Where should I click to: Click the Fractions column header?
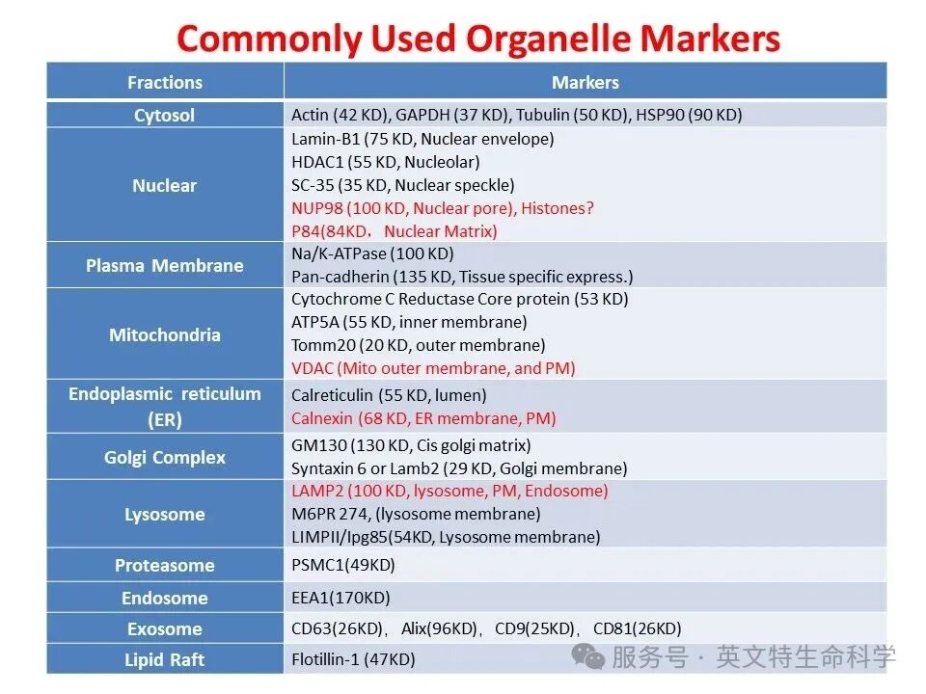pos(165,82)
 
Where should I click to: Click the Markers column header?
pos(586,82)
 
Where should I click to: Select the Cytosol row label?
pos(164,115)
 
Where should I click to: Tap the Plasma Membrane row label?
pos(165,266)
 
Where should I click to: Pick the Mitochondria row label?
pos(165,334)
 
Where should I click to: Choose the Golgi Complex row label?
pos(165,457)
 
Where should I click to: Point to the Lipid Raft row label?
pos(164,659)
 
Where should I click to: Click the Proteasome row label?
pos(165,566)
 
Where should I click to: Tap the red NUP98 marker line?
pos(443,208)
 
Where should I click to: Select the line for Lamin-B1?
pos(422,139)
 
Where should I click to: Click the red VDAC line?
pos(433,368)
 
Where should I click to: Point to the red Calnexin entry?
pos(423,418)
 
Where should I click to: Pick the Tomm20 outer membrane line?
pos(418,345)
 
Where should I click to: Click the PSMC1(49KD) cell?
pos(343,566)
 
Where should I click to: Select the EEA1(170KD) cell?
pos(340,598)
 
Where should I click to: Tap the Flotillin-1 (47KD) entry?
pos(353,659)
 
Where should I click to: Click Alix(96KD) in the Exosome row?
pos(439,629)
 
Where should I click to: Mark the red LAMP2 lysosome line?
pos(449,491)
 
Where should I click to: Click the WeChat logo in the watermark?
pos(587,656)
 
